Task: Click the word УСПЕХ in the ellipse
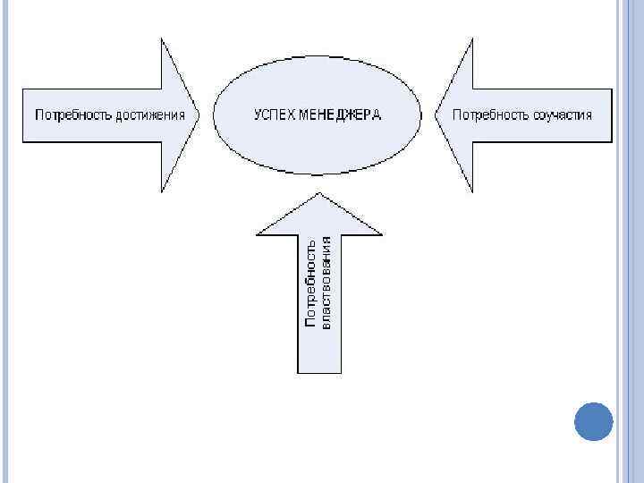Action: pyautogui.click(x=274, y=114)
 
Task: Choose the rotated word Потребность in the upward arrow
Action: pyautogui.click(x=310, y=283)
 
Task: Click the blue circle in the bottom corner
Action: pyautogui.click(x=593, y=421)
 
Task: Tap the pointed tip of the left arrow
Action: pyautogui.click(x=199, y=114)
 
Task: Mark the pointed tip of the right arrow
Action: pyautogui.click(x=436, y=114)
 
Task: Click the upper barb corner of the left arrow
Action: pyautogui.click(x=161, y=38)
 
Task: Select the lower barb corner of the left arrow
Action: pyautogui.click(x=161, y=191)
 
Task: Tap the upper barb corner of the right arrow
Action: pyautogui.click(x=472, y=38)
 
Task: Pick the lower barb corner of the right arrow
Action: pyautogui.click(x=472, y=191)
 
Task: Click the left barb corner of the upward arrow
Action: pyautogui.click(x=257, y=235)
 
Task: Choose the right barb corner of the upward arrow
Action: pyautogui.click(x=383, y=235)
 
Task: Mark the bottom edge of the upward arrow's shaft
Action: pyautogui.click(x=319, y=372)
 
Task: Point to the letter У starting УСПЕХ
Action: pyautogui.click(x=258, y=114)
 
